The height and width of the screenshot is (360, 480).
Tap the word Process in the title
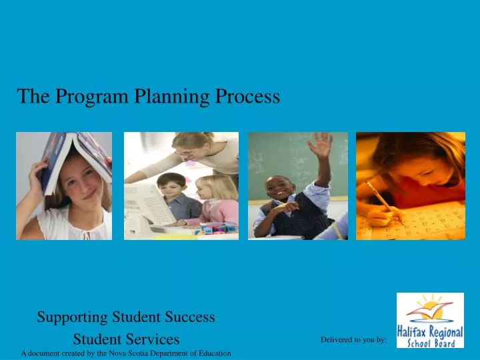pyautogui.click(x=247, y=97)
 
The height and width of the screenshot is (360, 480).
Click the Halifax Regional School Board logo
pyautogui.click(x=430, y=320)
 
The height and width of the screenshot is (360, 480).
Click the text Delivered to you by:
pyautogui.click(x=353, y=340)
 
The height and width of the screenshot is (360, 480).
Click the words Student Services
pyautogui.click(x=126, y=339)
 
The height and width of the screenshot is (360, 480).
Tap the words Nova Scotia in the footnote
pyautogui.click(x=133, y=353)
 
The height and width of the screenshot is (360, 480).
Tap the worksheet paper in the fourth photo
pyautogui.click(x=427, y=220)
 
